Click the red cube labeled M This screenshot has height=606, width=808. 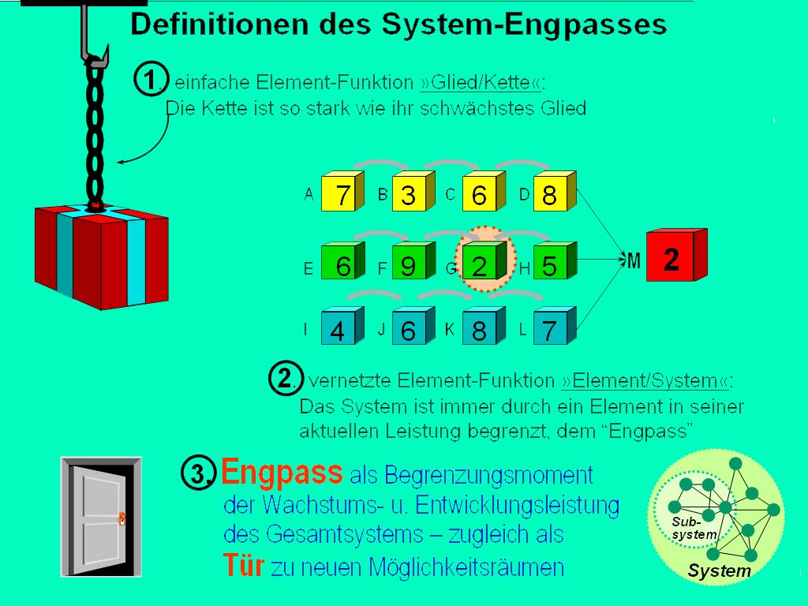[676, 255]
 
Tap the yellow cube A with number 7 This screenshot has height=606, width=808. [342, 191]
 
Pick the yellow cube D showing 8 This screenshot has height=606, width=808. [555, 191]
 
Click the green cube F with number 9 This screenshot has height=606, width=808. [413, 260]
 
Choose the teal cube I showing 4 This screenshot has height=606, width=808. [342, 326]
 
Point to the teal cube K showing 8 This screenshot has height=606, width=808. [484, 326]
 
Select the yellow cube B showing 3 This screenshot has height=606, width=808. [413, 191]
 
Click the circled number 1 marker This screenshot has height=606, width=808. [151, 79]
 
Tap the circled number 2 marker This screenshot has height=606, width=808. [286, 378]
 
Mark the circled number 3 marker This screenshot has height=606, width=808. [198, 473]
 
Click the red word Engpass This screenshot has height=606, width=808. [282, 472]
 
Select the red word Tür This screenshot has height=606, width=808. [244, 564]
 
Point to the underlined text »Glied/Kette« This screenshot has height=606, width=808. [481, 82]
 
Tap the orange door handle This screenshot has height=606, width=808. [122, 518]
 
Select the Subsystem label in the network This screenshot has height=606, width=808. [693, 528]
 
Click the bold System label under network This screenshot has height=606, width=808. [720, 571]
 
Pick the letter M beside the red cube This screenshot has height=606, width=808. [634, 260]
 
